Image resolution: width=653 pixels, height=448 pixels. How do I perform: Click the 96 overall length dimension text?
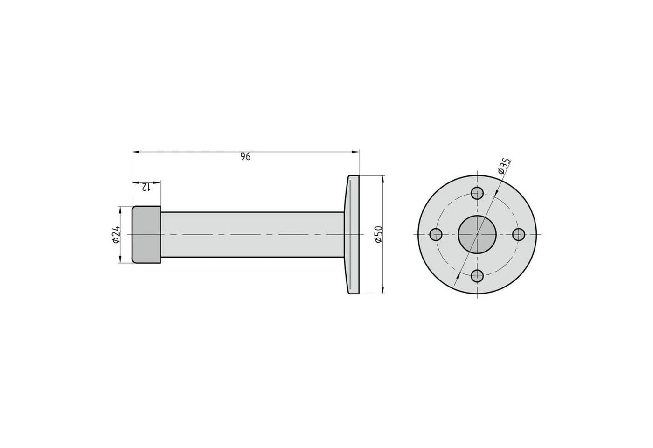(x=245, y=157)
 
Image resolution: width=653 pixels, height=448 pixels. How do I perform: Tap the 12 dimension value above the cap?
(x=146, y=187)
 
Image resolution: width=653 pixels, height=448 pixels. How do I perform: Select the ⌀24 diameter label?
(x=116, y=234)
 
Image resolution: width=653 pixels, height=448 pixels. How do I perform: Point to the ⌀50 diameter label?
(x=378, y=234)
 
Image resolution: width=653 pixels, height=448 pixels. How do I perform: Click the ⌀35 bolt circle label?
(x=504, y=166)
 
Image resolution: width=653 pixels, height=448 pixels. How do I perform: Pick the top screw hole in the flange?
(x=477, y=193)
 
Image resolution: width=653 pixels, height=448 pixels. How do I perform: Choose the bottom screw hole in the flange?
(x=477, y=276)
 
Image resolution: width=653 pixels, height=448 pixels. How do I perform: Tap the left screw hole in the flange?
(x=436, y=234)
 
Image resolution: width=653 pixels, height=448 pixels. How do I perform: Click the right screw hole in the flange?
(x=518, y=234)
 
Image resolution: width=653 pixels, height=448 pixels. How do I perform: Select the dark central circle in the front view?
(x=477, y=234)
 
